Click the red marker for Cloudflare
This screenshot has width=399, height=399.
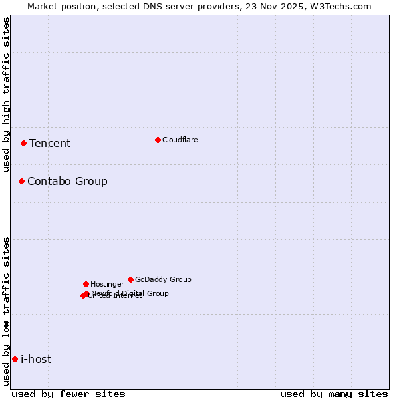[158, 140]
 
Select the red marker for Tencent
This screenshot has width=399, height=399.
[23, 143]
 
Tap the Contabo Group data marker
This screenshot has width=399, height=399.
[21, 181]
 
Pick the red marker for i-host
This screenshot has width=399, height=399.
[15, 359]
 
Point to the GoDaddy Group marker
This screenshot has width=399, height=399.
[130, 279]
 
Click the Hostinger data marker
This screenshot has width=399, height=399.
[86, 284]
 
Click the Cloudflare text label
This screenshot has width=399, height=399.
[180, 140]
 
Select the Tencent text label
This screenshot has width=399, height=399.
[50, 143]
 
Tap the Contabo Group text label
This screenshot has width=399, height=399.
[67, 181]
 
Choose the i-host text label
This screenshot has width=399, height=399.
[36, 359]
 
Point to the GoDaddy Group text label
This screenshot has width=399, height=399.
[163, 279]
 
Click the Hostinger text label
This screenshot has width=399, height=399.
[107, 284]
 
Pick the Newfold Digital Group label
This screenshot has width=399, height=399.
[130, 293]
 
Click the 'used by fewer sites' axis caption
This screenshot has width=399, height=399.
[68, 394]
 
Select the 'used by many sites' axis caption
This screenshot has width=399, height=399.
[334, 394]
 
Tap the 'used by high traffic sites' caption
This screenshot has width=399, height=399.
[6, 94]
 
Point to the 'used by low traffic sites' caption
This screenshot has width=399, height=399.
[6, 311]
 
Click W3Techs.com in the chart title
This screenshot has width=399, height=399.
[344, 6]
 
